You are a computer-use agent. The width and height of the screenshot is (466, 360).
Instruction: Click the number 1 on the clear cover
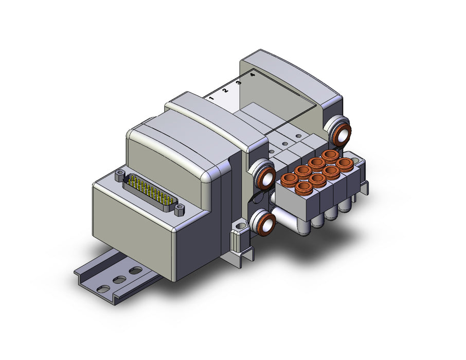tap(211, 98)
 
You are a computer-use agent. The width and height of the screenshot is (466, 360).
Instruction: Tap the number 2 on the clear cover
tap(225, 90)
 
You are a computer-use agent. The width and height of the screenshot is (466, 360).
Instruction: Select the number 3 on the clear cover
tap(239, 83)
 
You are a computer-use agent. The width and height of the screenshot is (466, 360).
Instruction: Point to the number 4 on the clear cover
tap(253, 75)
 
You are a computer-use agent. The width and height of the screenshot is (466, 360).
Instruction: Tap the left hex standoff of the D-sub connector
tap(120, 175)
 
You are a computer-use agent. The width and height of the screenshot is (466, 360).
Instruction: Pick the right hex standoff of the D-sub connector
tap(179, 210)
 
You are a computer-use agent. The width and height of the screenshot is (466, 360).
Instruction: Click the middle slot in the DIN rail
tap(120, 280)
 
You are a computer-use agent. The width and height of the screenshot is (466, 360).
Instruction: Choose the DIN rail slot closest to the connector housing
tap(136, 271)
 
